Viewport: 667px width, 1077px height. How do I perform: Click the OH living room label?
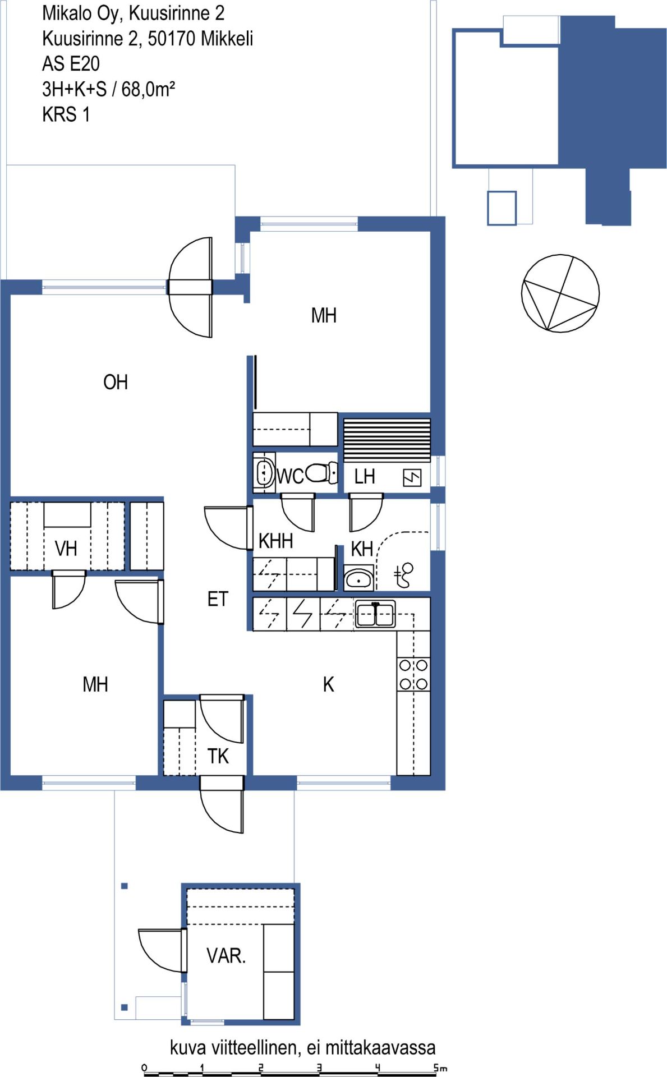pyautogui.click(x=116, y=382)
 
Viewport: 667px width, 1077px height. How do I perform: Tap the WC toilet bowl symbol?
pyautogui.click(x=321, y=472)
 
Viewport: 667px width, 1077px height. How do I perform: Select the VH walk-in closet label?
pyautogui.click(x=66, y=549)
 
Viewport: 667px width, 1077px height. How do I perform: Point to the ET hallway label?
pyautogui.click(x=218, y=599)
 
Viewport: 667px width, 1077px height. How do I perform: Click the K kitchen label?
pyautogui.click(x=328, y=684)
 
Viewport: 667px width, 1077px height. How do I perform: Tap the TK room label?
pyautogui.click(x=218, y=756)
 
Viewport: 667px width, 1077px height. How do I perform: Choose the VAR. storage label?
pyautogui.click(x=226, y=955)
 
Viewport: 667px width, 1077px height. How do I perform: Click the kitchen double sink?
pyautogui.click(x=375, y=614)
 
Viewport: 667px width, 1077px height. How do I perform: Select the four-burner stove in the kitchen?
pyautogui.click(x=413, y=674)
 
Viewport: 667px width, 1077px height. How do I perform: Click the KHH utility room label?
pyautogui.click(x=275, y=541)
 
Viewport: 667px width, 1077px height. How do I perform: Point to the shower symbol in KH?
pyautogui.click(x=404, y=576)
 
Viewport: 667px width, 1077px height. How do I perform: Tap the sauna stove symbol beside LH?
pyautogui.click(x=412, y=477)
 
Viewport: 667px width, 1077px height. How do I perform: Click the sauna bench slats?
pyautogui.click(x=387, y=440)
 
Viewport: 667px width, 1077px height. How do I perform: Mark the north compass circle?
pyautogui.click(x=560, y=293)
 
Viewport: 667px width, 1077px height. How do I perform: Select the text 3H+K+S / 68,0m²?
pyautogui.click(x=109, y=89)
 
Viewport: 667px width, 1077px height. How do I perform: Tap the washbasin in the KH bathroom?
pyautogui.click(x=358, y=579)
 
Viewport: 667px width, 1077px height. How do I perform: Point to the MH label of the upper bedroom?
pyautogui.click(x=324, y=315)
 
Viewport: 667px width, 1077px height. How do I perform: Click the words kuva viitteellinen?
pyautogui.click(x=235, y=1047)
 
